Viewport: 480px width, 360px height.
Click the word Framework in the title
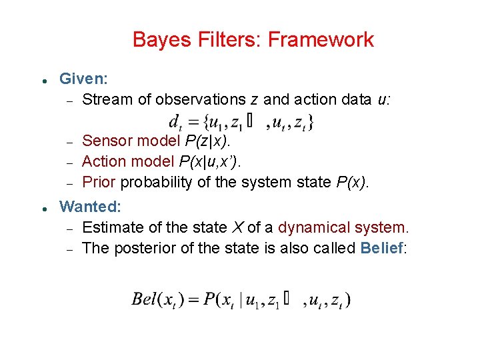[321, 40]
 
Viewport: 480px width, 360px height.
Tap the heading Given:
[83, 79]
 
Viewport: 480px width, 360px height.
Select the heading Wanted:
[90, 207]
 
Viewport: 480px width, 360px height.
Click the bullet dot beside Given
[41, 80]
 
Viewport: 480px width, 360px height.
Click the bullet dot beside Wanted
[41, 208]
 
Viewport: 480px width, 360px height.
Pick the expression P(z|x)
[206, 141]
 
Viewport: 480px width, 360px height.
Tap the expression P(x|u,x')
[215, 161]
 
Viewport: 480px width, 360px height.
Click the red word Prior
[98, 182]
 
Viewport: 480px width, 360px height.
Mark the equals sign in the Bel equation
[193, 299]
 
